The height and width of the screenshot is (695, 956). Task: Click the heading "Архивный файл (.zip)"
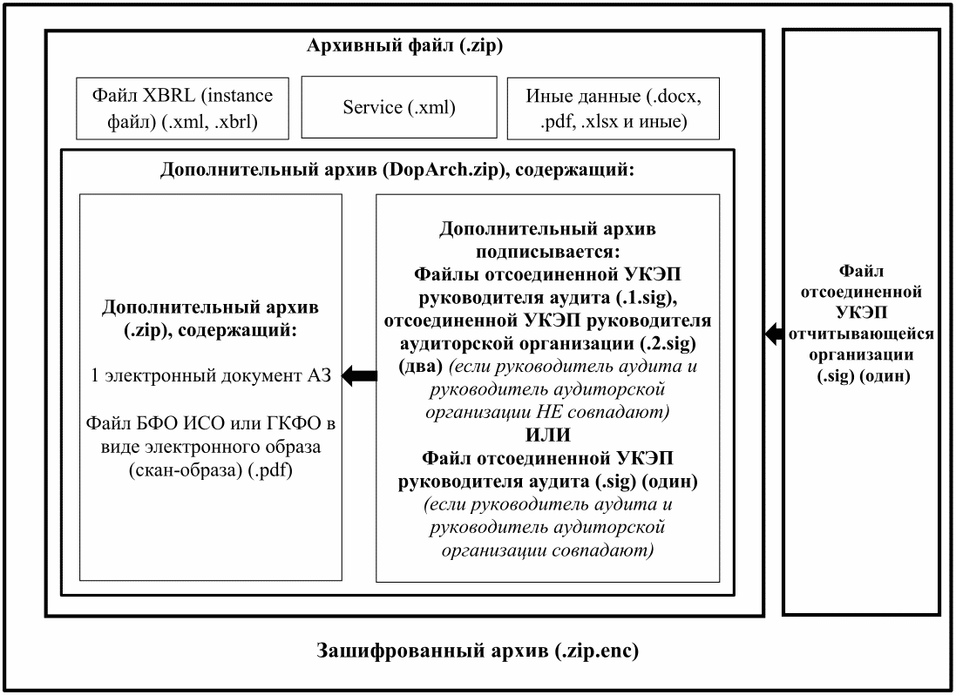point(404,46)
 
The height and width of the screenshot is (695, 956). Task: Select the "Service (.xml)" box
point(399,107)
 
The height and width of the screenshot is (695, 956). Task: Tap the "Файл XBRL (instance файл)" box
point(182,108)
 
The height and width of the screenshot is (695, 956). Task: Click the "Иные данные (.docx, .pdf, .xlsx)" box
point(614,108)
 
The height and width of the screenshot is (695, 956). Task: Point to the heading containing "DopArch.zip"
point(397,170)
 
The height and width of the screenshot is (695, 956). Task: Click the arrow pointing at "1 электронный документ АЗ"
point(359,376)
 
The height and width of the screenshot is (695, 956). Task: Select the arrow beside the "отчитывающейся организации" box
point(775,334)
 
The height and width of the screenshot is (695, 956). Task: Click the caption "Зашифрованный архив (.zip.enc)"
point(478,651)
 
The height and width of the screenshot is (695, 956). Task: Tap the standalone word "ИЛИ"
point(547,435)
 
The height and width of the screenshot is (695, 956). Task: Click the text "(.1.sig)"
point(644,298)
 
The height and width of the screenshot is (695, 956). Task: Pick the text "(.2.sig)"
point(668,343)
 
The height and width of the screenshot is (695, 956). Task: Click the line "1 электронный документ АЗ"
point(211,375)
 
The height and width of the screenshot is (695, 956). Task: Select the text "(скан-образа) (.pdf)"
point(211,470)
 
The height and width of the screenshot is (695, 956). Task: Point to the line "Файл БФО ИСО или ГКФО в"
point(211,422)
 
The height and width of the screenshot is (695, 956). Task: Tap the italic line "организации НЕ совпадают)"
point(547,412)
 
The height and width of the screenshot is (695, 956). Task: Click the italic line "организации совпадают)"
point(547,550)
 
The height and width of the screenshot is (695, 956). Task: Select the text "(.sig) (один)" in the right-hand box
point(864,376)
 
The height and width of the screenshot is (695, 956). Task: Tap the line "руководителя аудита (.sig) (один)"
point(547,482)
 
